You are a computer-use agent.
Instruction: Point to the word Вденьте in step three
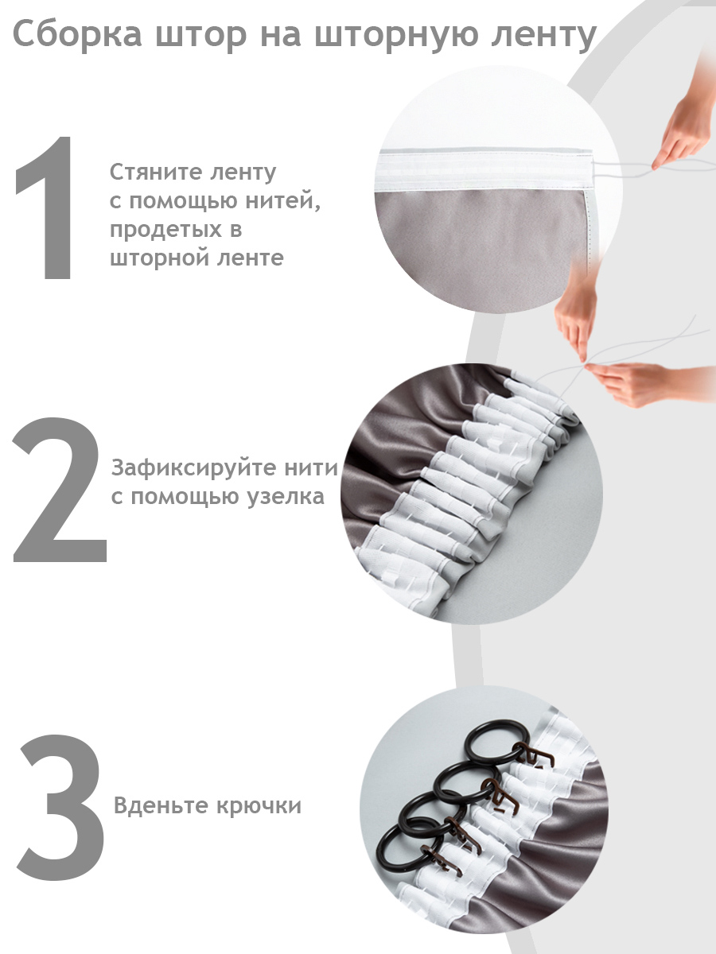(160, 805)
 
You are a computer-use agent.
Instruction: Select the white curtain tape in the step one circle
(485, 170)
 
